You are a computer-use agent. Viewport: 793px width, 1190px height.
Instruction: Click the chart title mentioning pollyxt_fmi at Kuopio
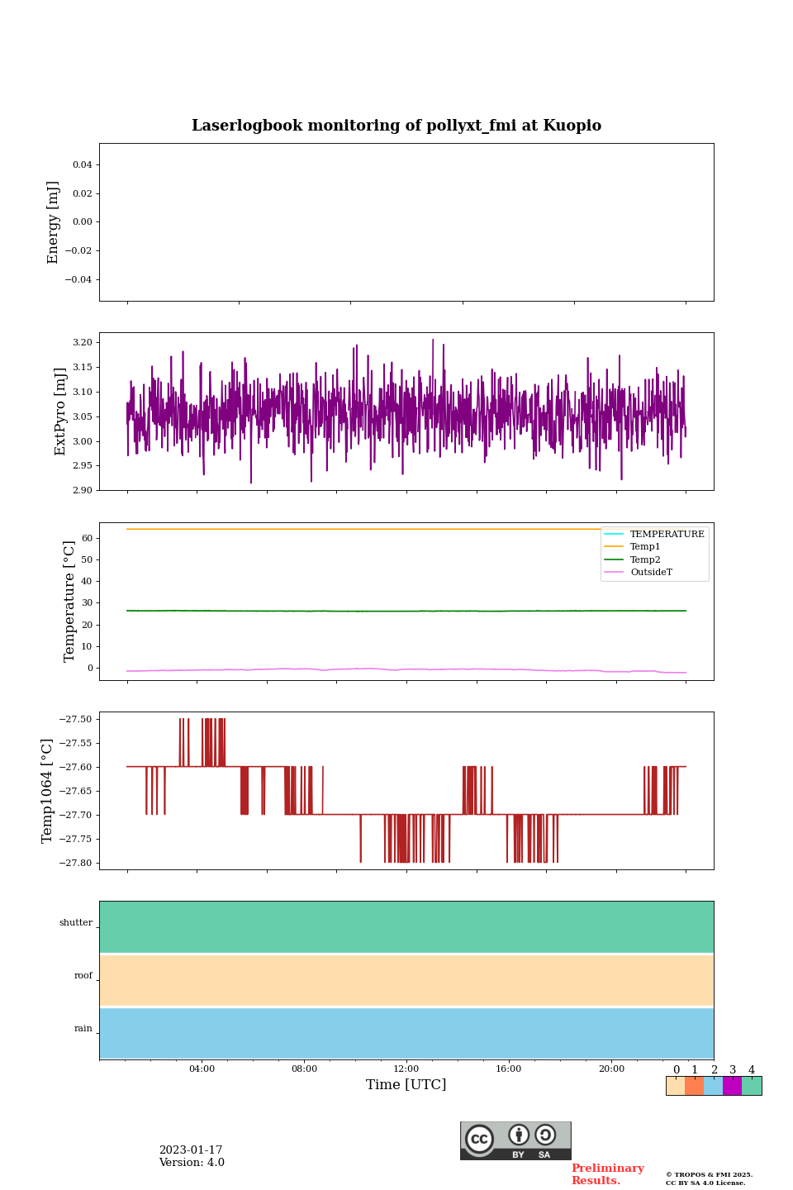point(396,126)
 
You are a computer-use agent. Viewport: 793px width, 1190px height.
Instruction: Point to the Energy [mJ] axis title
point(54,222)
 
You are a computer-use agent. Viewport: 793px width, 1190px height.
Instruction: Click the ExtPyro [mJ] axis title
point(60,412)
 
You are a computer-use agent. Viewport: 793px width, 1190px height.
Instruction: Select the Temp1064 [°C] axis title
point(47,791)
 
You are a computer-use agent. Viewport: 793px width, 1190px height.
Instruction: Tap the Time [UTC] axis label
point(406,1084)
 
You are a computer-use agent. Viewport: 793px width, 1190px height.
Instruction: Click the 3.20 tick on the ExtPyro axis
point(82,342)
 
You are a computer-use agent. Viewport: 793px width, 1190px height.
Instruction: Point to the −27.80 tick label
point(74,863)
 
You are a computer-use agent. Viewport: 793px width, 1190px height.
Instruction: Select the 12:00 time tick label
point(406,1069)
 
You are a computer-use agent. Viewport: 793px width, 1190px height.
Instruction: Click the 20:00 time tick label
point(611,1069)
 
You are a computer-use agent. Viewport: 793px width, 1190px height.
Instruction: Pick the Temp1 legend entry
point(645,547)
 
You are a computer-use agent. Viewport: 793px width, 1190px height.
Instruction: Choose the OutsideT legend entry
point(651,573)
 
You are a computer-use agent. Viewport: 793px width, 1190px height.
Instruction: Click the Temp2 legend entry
point(645,559)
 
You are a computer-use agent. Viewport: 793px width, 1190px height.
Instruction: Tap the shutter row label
point(76,923)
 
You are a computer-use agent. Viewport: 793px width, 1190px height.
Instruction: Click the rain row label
point(83,1029)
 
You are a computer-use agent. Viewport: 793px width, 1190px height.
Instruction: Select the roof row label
point(83,976)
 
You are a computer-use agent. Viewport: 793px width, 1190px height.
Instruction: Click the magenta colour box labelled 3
point(732,1086)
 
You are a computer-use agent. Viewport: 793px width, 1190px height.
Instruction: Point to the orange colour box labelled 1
point(694,1086)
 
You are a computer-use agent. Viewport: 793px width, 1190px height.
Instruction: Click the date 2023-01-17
point(191,1150)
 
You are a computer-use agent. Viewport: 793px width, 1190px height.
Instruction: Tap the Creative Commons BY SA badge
point(515,1140)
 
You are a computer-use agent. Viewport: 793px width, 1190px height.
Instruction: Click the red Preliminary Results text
point(607,1174)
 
